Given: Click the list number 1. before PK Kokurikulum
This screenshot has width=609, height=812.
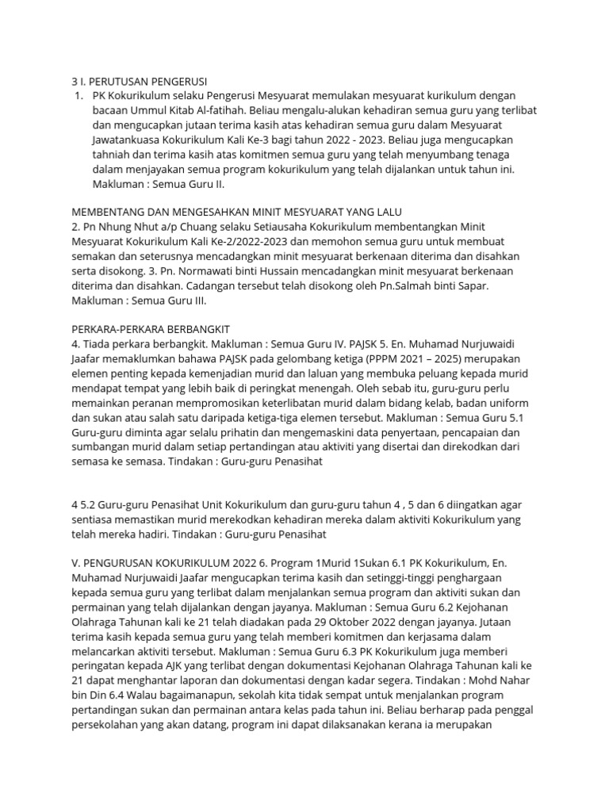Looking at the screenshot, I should pyautogui.click(x=77, y=96).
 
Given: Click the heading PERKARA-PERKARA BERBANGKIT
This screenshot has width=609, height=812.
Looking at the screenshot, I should pyautogui.click(x=150, y=328).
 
